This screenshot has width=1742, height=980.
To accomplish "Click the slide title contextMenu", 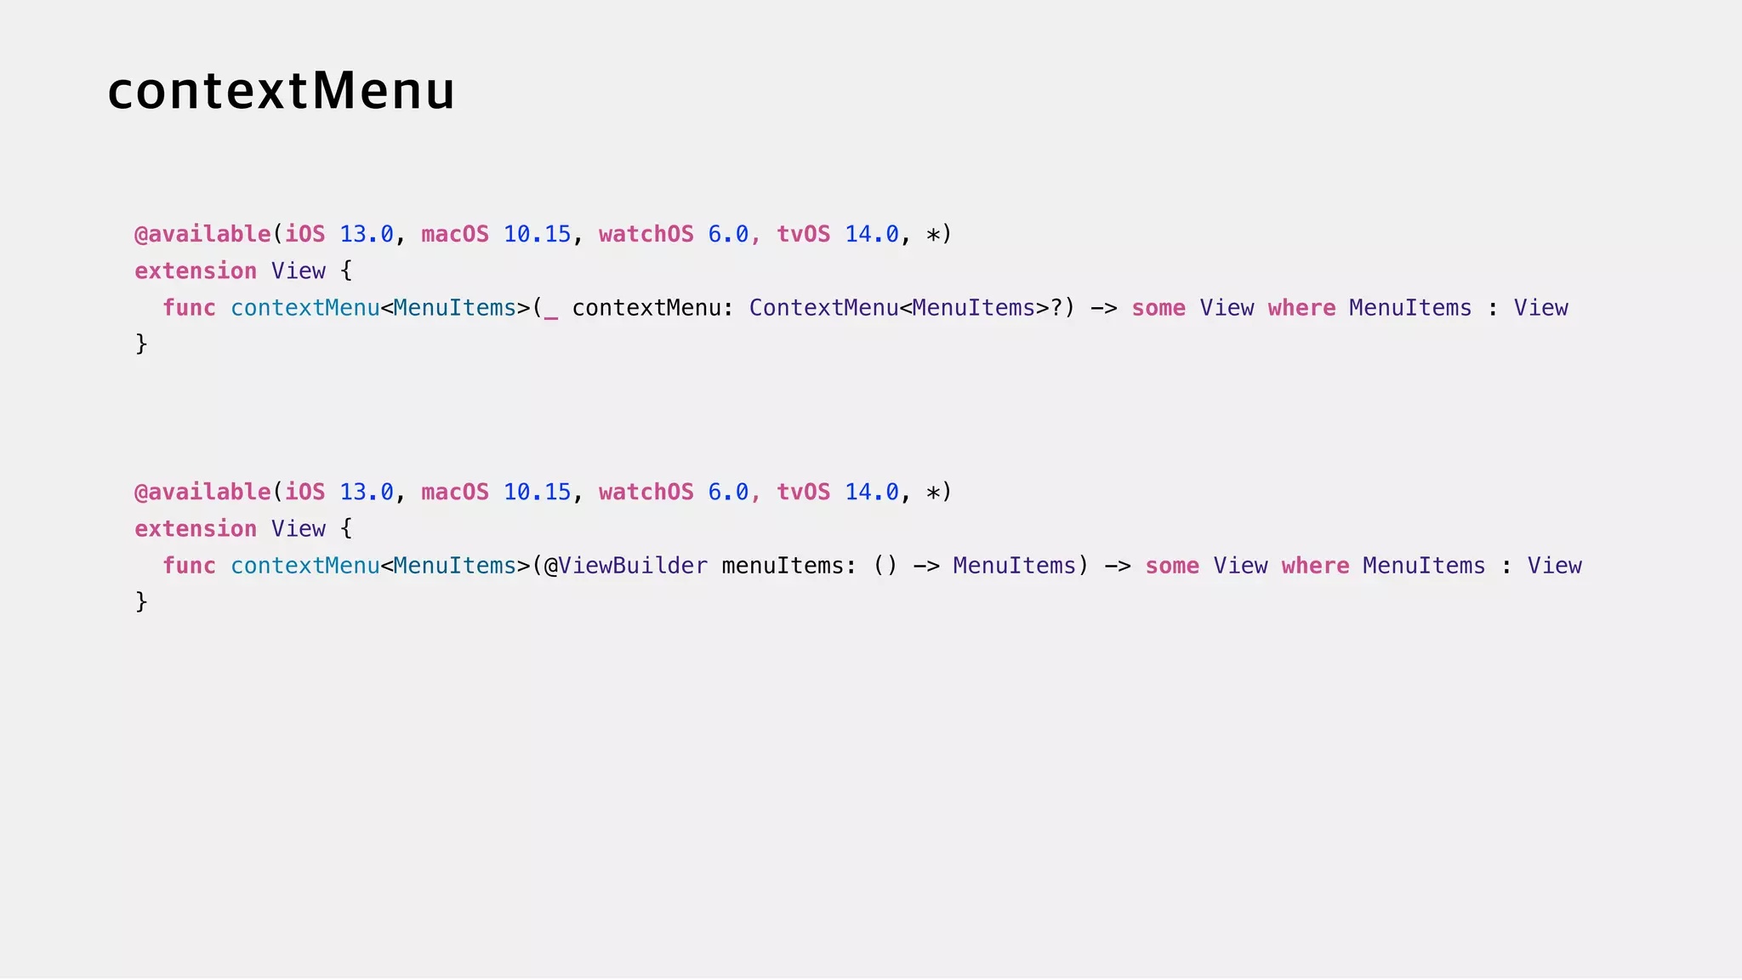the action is [281, 91].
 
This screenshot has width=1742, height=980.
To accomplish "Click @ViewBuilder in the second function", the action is [625, 566].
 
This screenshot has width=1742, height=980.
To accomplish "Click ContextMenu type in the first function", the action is [823, 308].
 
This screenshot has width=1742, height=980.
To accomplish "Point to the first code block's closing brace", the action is [141, 344].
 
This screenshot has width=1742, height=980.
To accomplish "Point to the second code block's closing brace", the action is [141, 601].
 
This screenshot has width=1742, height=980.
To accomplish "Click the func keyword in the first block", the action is [189, 308].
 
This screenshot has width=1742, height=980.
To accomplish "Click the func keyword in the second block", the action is [189, 566].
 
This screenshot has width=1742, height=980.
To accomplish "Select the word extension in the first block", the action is [196, 271].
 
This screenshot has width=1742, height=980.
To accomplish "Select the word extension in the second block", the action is [196, 529].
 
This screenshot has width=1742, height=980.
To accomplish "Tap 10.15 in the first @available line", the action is [537, 235].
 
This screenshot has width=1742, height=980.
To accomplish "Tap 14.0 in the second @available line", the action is [871, 493].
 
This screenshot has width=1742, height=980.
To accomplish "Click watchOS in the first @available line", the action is [646, 235].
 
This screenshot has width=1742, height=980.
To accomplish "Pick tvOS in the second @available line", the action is [803, 493].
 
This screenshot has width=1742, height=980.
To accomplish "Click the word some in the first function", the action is [1158, 308].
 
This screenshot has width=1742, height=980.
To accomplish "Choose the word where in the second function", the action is [1315, 566].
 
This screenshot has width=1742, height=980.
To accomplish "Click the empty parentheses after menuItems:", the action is [885, 566].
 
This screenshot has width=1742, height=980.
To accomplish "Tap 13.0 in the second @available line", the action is [367, 493].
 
